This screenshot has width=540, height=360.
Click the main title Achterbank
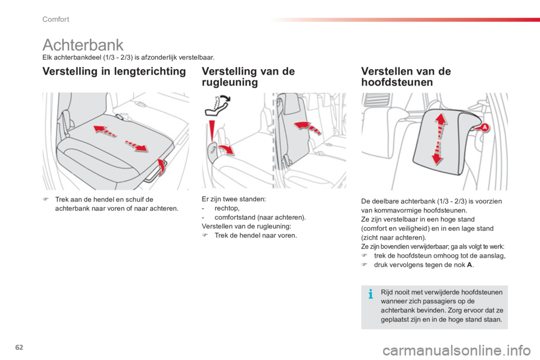tap(83, 45)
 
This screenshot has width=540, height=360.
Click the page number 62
tap(19, 347)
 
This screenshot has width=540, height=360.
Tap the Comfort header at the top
tap(56, 19)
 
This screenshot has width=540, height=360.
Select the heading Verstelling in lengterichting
tap(114, 71)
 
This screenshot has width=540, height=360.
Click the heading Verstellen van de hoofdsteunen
tap(406, 76)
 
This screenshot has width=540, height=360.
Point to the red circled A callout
tap(484, 128)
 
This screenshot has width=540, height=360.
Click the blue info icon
tap(371, 294)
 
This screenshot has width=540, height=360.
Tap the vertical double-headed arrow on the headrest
tap(439, 139)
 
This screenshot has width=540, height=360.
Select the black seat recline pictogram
tap(218, 105)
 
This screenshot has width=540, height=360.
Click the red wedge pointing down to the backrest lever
tap(212, 130)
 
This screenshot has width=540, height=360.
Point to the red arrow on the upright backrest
tap(307, 128)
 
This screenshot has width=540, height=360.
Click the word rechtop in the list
tap(226, 209)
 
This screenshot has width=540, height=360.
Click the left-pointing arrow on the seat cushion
tap(105, 131)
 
